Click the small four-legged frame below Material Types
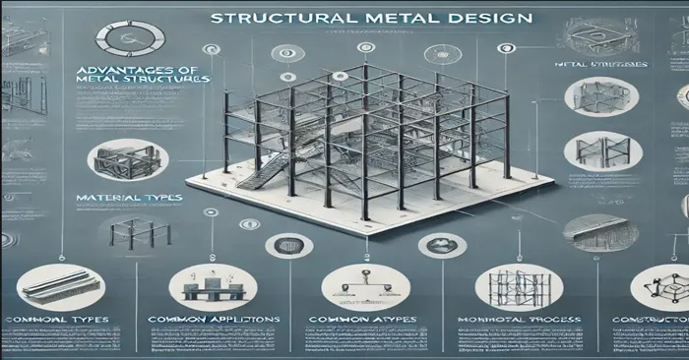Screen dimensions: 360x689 (134, 233)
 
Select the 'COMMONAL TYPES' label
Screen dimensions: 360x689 (57, 321)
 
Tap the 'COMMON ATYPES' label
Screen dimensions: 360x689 (366, 321)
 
